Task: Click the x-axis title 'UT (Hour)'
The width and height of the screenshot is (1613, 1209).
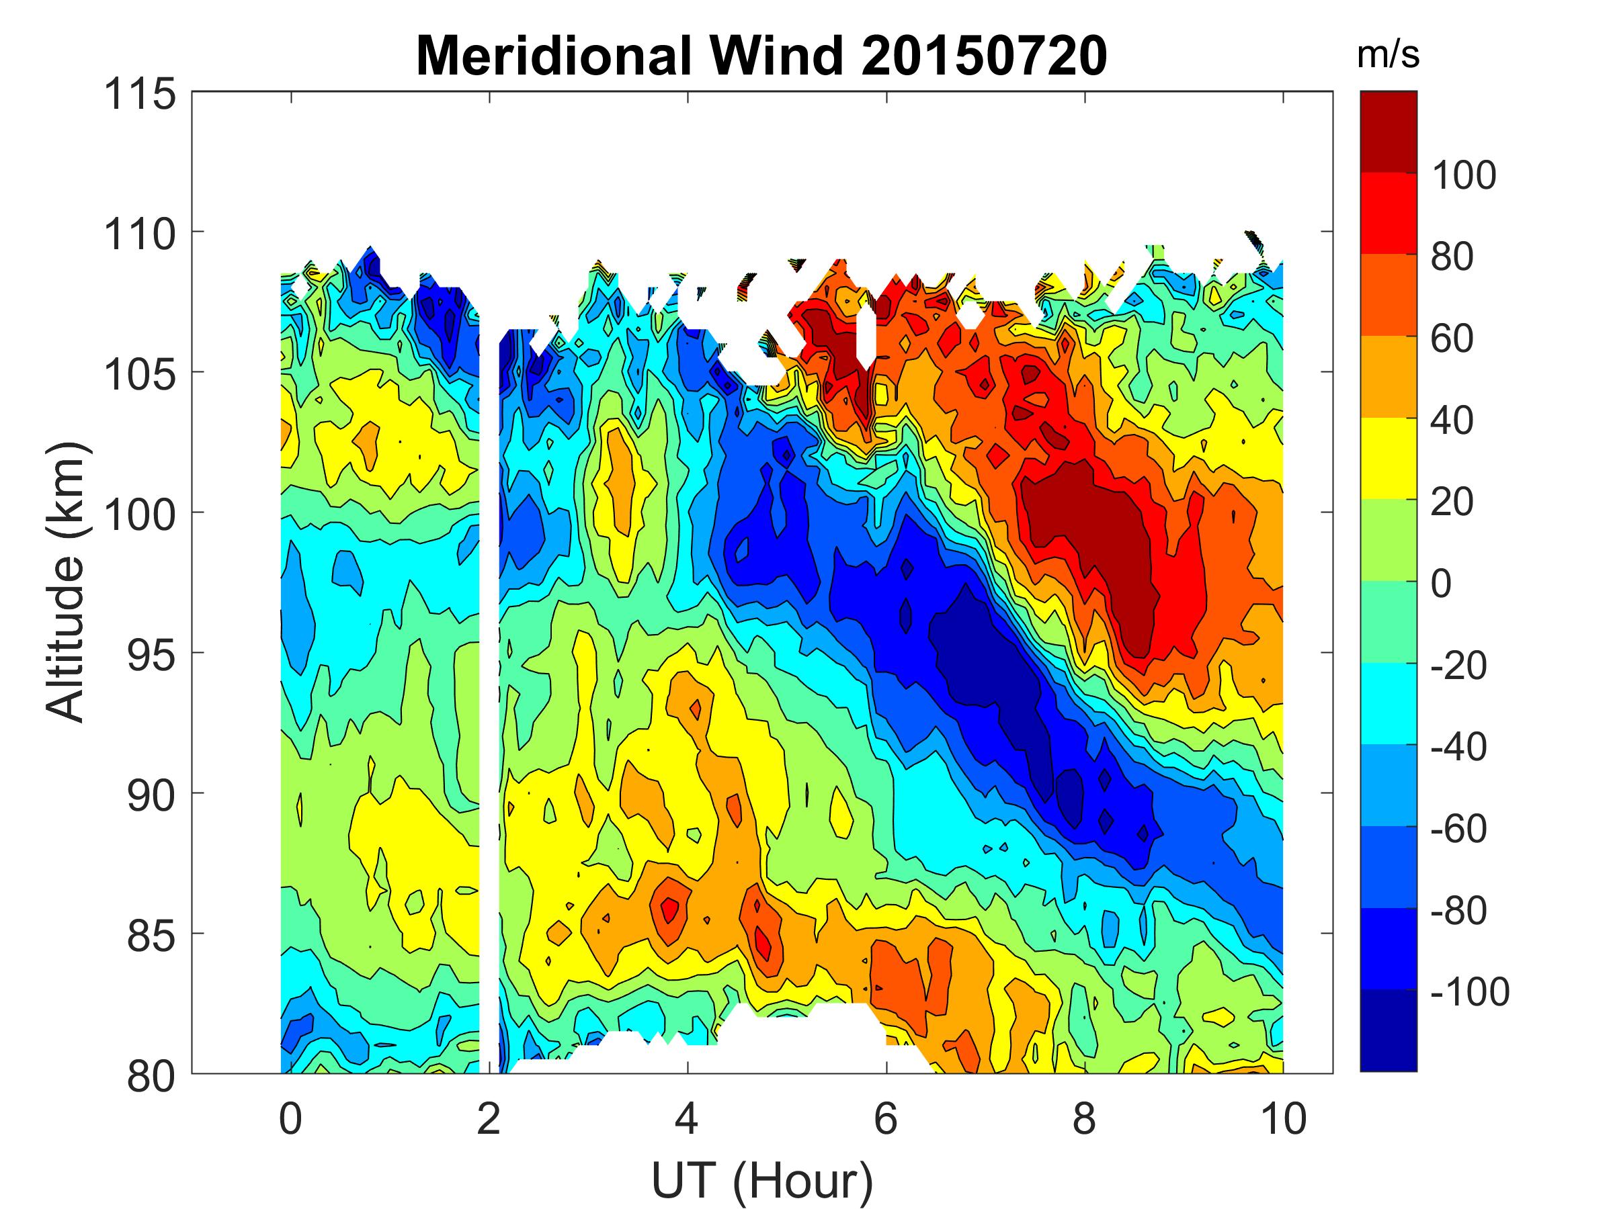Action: pyautogui.click(x=761, y=1181)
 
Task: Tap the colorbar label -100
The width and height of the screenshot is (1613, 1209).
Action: pyautogui.click(x=1469, y=992)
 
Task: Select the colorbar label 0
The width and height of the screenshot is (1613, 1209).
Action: pyautogui.click(x=1441, y=584)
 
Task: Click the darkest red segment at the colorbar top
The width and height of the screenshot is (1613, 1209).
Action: pyautogui.click(x=1388, y=131)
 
